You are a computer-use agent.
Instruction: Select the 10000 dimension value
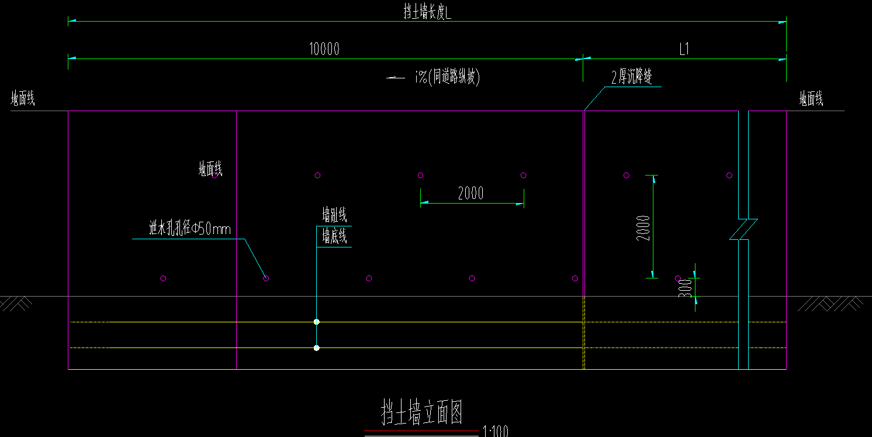324,49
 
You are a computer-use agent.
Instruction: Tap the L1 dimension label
684,50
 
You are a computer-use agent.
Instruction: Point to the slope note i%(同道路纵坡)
447,77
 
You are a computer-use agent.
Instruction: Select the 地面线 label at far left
23,99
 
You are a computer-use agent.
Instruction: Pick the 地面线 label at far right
811,99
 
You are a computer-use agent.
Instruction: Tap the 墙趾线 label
334,215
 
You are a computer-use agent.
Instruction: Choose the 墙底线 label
334,237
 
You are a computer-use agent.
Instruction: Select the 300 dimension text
686,288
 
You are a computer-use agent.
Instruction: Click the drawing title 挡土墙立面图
422,412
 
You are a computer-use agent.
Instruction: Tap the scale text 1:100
495,432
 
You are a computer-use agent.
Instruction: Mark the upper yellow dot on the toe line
317,322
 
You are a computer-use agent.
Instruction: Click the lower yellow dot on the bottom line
317,348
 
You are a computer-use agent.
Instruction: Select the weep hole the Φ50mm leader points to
266,278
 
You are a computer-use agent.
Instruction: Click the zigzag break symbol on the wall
743,229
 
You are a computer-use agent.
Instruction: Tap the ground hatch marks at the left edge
16,303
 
